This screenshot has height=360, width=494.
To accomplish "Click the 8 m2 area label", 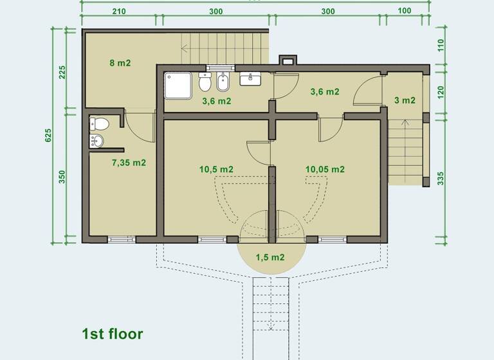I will tap(120, 63).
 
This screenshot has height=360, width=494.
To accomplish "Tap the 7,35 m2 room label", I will tap(129, 163).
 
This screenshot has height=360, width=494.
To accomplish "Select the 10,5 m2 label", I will tap(216, 169).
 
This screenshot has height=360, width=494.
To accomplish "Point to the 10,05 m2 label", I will tap(325, 169).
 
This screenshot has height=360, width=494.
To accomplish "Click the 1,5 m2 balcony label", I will tap(270, 257).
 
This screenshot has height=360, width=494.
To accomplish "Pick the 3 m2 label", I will tap(404, 100).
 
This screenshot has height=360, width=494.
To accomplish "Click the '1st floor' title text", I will tap(112, 334).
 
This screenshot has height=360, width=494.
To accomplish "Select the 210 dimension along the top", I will tap(118, 11).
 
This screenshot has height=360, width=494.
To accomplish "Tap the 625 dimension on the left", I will tap(48, 135).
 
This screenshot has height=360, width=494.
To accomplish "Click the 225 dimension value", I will tap(62, 71).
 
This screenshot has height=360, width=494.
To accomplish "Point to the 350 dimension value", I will tap(62, 177).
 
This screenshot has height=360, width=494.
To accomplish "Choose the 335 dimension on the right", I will tap(441, 178).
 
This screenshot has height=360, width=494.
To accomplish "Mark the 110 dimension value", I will tap(441, 46).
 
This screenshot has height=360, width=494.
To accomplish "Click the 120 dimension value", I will tap(441, 91).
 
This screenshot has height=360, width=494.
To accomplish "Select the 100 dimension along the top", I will tap(405, 11).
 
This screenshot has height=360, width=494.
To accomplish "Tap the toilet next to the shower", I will tap(205, 83).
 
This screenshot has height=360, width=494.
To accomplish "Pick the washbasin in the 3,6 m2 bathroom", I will tap(250, 79).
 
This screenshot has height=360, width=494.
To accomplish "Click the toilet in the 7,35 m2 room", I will tap(100, 123).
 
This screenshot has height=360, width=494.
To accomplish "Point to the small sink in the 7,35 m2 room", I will tap(96, 141).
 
